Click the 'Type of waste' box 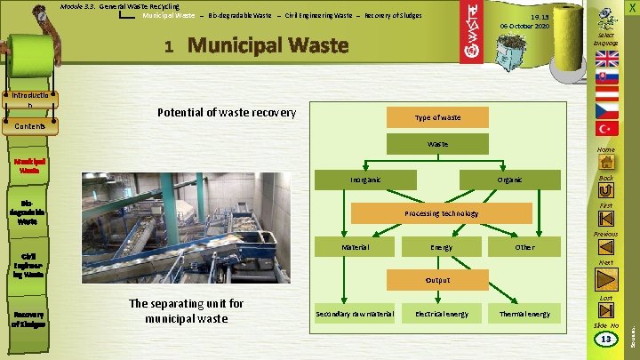coord(437,117)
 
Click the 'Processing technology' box coord(442,213)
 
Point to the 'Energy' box coord(441,246)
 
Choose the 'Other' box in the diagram coord(525,246)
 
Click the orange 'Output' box coord(437,280)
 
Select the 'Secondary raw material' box coord(356,314)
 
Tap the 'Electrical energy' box coord(441,314)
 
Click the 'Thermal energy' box coord(525,314)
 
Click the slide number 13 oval coord(605,340)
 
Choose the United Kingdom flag coord(607,60)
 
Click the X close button coord(630,7)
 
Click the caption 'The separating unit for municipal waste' coord(187,311)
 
